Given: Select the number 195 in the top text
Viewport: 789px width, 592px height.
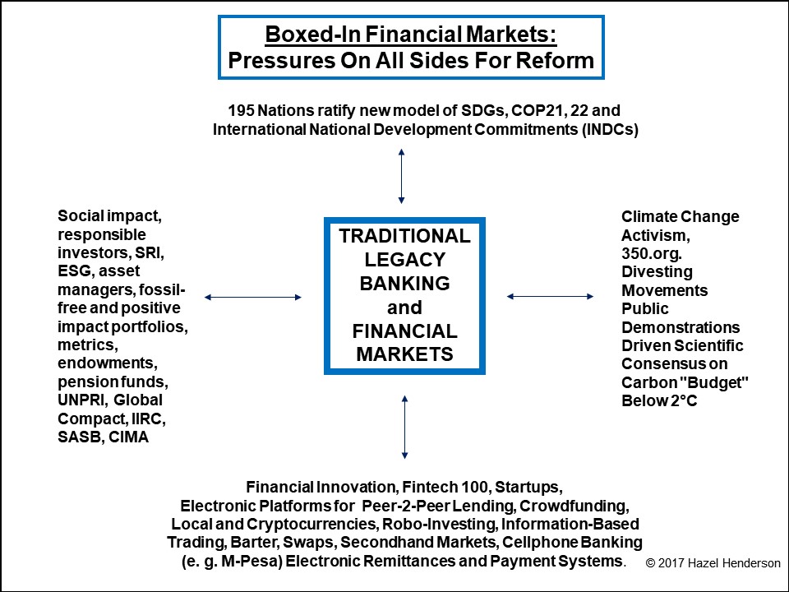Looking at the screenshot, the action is point(241,110).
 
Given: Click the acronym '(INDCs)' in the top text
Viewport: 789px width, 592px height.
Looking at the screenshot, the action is point(611,129).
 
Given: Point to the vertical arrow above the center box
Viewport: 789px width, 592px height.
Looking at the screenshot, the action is point(401,176).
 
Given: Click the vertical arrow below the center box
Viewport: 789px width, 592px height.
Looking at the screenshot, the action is point(404,427).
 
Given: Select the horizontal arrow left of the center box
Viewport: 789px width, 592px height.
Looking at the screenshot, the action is point(253,297).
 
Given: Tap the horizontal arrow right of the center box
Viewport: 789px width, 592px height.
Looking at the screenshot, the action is point(550,297).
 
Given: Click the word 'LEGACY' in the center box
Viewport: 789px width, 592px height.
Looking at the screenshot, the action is point(405,259).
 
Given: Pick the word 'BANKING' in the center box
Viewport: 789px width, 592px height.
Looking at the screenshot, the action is point(405,284).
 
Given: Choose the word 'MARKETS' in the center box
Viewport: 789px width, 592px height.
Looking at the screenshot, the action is point(405,354).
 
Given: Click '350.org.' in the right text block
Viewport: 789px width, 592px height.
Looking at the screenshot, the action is point(652,253).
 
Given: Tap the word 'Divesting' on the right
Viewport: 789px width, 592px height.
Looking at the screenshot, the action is point(657,272).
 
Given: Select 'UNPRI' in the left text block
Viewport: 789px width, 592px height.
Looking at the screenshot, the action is point(81,400).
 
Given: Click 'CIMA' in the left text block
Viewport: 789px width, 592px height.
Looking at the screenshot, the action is point(128,437).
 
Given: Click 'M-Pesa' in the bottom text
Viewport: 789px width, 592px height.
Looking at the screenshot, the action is point(243,561).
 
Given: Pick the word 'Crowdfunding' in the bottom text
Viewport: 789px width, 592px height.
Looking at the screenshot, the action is point(574,506).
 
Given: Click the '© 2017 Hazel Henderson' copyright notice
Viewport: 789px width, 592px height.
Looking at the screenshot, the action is point(713,562).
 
